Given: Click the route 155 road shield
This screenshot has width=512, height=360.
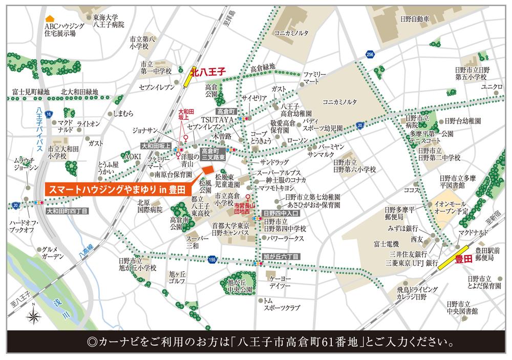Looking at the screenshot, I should [212, 260].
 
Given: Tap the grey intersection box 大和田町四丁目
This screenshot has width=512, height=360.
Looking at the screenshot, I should [67, 210].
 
